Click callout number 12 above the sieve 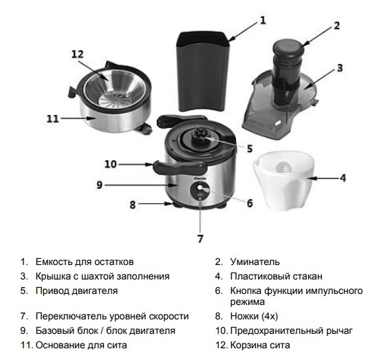78,54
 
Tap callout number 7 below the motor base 200,239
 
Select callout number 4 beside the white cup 343,178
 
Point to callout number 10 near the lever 111,164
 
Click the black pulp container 203,72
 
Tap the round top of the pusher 288,47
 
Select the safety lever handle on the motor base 179,167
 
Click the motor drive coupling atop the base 200,135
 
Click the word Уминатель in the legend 255,262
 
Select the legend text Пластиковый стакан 277,276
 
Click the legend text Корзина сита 260,345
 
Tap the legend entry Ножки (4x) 254,316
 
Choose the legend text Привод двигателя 76,290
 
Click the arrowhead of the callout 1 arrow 230,39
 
